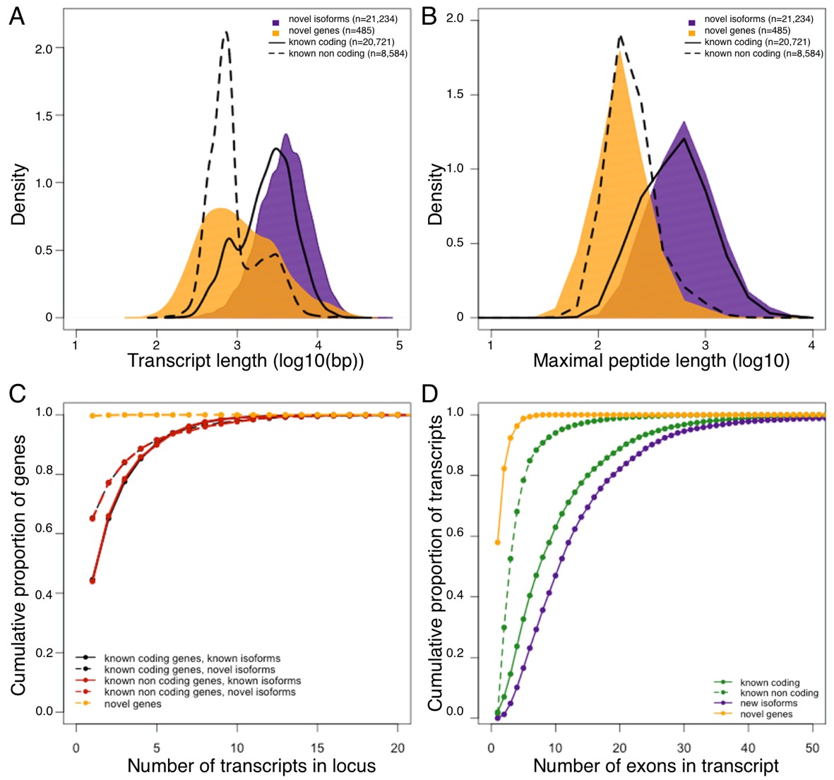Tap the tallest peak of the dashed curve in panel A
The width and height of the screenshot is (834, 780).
[226, 32]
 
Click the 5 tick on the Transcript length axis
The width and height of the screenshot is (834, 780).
[399, 345]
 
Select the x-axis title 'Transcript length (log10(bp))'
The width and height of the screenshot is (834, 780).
[246, 361]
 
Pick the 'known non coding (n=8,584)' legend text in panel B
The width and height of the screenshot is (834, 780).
[763, 54]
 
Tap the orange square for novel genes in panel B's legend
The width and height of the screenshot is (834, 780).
[691, 31]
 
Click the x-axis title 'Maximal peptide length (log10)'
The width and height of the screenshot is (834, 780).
[661, 361]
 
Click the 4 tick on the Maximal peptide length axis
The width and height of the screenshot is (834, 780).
[812, 345]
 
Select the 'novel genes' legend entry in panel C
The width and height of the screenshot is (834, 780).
[133, 704]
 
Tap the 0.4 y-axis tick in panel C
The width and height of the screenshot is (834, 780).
[45, 594]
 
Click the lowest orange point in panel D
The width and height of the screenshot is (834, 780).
[498, 542]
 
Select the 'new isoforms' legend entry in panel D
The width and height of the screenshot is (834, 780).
[768, 704]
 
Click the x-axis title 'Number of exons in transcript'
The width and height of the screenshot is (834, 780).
[656, 766]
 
